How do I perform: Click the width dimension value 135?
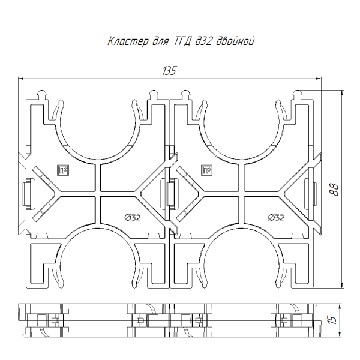tap(169, 71)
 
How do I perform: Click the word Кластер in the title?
tap(128, 42)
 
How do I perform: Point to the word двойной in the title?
tap(235, 41)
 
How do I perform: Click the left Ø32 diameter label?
tap(133, 217)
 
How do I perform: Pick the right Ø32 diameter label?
tap(276, 217)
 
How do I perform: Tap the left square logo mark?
tap(63, 170)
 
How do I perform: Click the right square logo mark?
tap(206, 170)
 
